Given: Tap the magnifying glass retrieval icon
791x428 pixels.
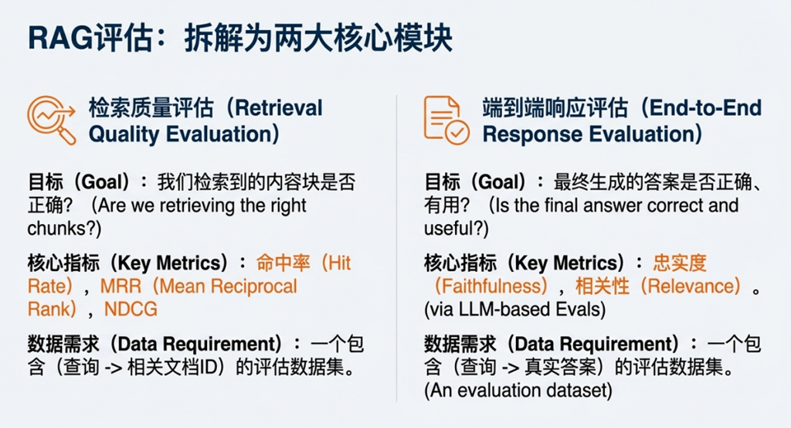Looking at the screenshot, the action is [52, 120].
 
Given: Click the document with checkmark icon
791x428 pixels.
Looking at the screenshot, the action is [446, 120].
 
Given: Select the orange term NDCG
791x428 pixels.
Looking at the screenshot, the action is [131, 309].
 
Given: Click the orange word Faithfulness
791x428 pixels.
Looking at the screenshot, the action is [491, 286].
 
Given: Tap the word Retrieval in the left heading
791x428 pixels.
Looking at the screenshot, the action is [279, 108].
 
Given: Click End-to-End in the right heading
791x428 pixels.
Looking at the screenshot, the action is [706, 108].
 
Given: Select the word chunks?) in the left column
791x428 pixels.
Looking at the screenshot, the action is [65, 229].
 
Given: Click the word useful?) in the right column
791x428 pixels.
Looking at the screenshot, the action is [456, 229].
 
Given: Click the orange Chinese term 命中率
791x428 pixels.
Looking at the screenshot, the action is [283, 263].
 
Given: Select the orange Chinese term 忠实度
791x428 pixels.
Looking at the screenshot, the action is [680, 263].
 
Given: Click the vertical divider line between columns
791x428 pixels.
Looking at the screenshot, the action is [396, 248].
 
